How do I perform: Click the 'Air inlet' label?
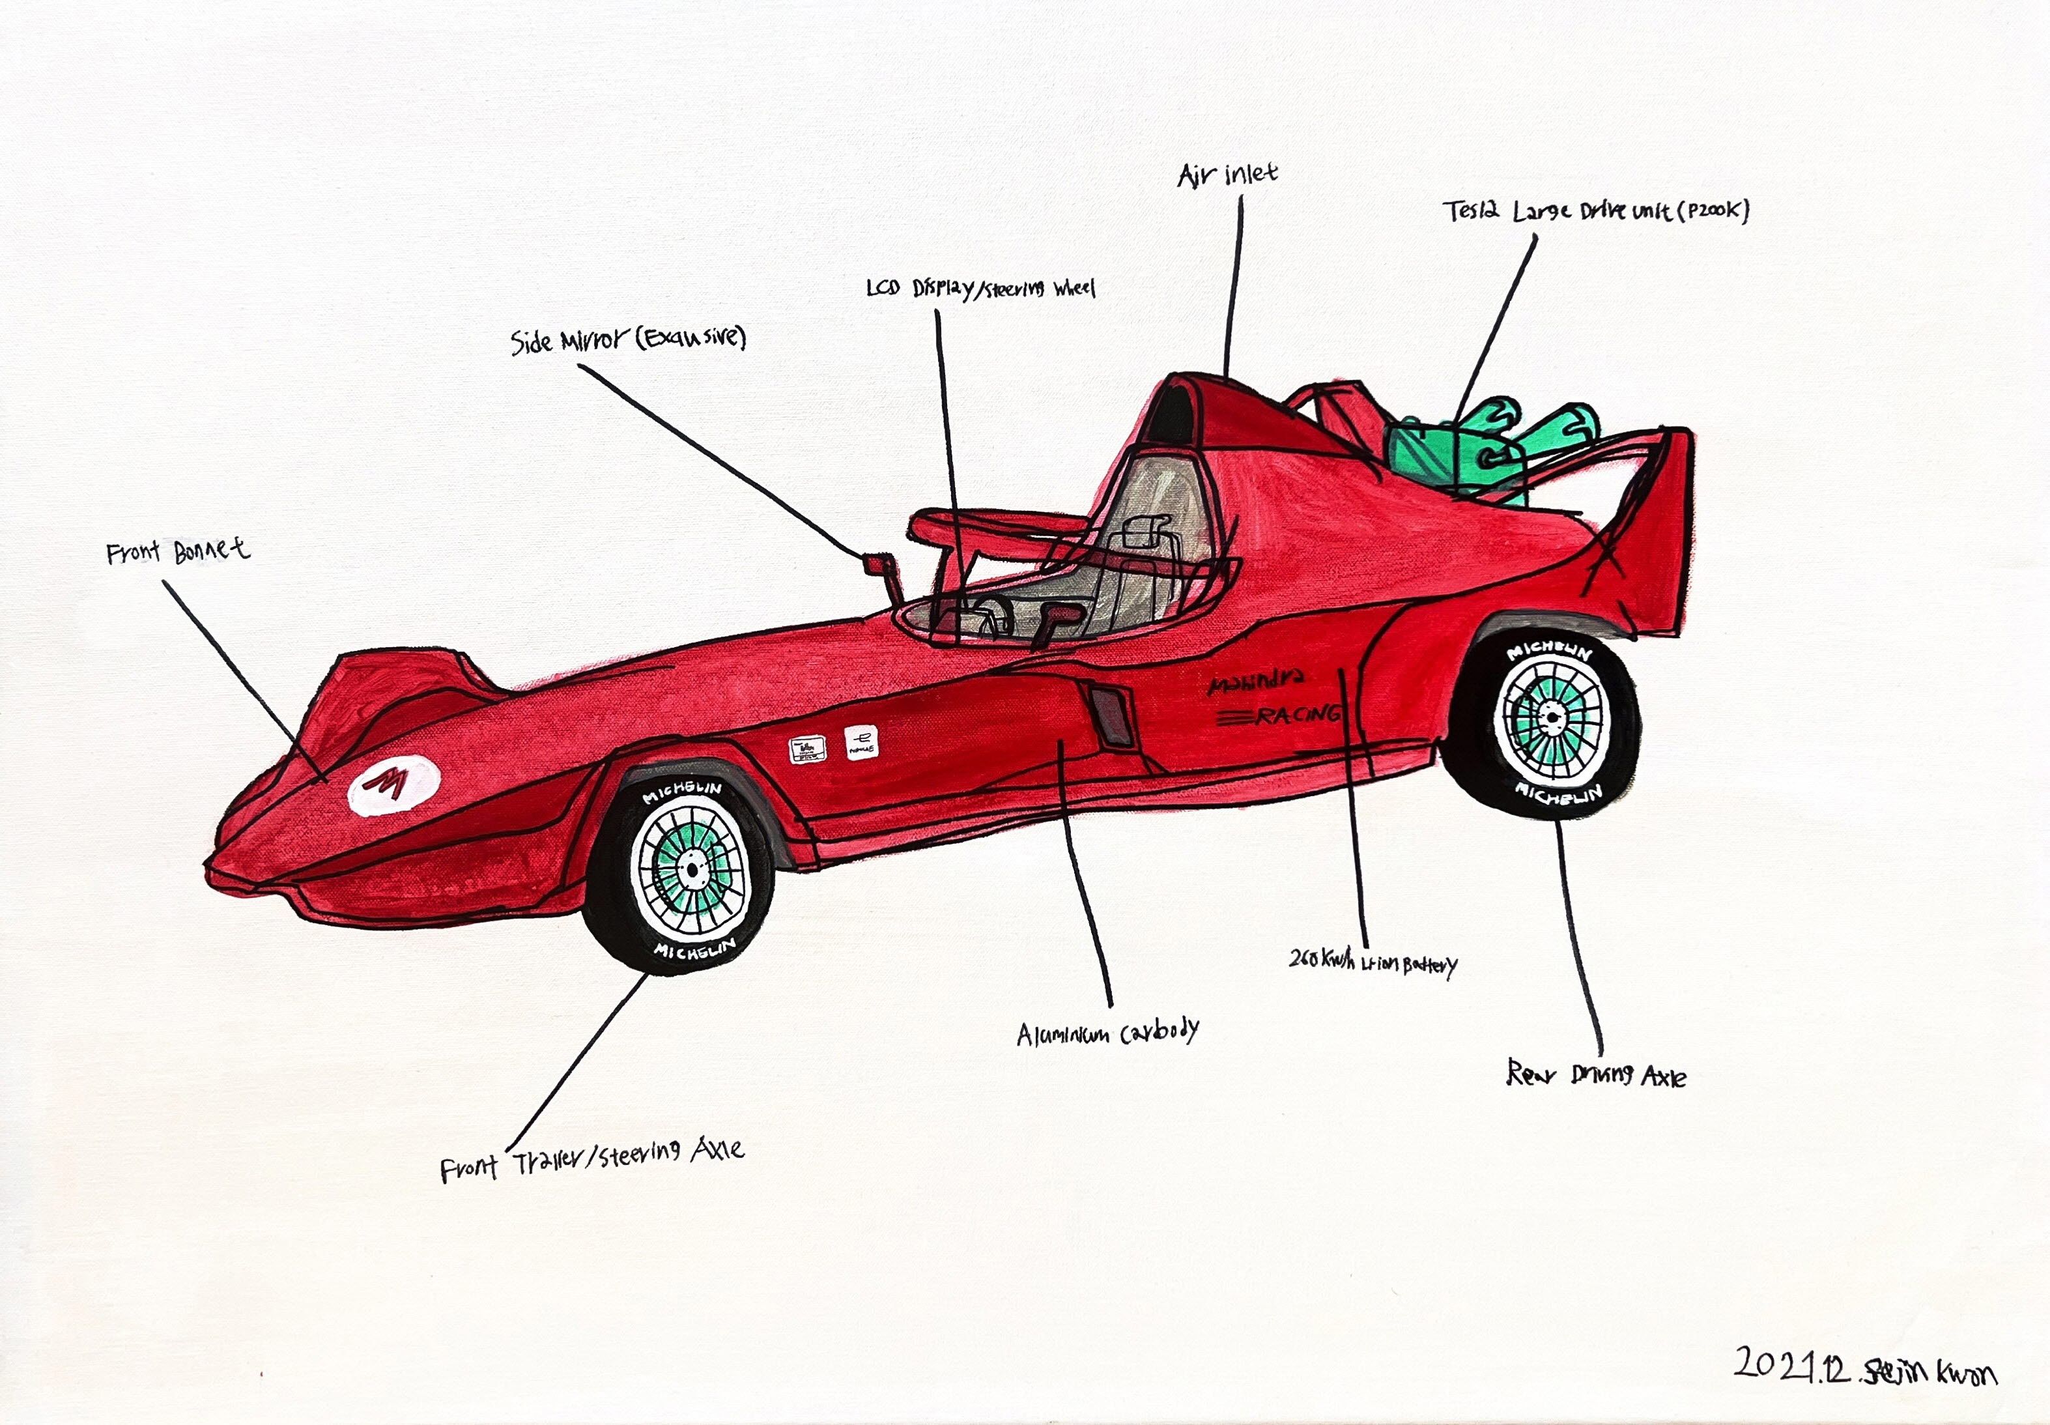click(x=1227, y=174)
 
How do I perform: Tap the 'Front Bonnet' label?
click(x=178, y=552)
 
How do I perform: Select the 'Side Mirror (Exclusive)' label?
click(x=627, y=339)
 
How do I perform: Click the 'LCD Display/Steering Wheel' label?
click(x=980, y=289)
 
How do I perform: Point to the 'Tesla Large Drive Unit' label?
click(x=1595, y=212)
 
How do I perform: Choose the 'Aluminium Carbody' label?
click(x=1107, y=1033)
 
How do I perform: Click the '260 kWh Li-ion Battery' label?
click(x=1373, y=962)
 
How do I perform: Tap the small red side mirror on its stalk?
click(x=878, y=564)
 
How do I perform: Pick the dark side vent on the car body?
click(x=1111, y=714)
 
